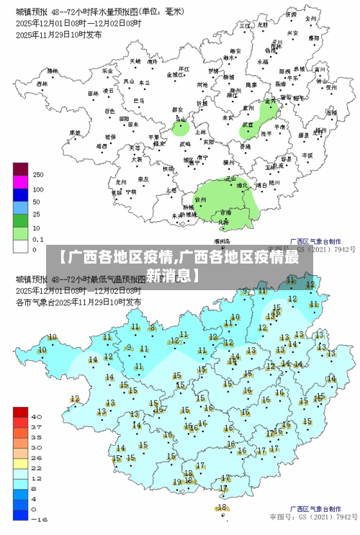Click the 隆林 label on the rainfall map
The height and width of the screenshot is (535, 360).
pos(49,72)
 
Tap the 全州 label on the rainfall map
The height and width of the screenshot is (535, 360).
pos(310,18)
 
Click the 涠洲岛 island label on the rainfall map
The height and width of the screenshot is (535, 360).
pos(222,241)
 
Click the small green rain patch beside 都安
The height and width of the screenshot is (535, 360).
pos(181,129)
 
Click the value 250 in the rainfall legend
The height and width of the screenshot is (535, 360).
pos(38,175)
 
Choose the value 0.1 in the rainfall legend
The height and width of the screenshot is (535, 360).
pos(38,238)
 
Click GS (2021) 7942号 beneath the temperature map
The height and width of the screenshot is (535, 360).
pos(330,517)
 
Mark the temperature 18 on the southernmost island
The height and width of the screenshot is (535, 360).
pos(222,507)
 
